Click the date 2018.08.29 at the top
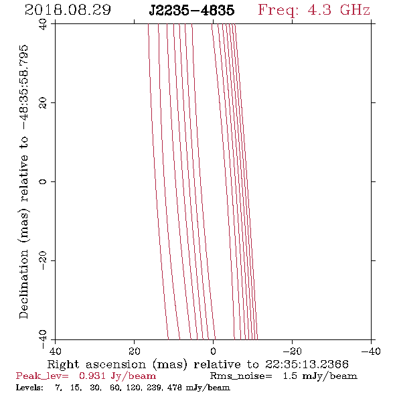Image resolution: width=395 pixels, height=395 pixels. (x=68, y=10)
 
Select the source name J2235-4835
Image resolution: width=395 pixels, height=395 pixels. (x=191, y=10)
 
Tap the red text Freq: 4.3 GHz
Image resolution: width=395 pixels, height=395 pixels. (x=314, y=10)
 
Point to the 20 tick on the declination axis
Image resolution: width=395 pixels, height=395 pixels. (x=43, y=103)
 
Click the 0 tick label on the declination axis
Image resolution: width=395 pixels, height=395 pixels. (x=43, y=181)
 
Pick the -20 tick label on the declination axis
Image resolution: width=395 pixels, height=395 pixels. (x=43, y=260)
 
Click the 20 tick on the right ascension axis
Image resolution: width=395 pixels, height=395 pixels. (x=134, y=351)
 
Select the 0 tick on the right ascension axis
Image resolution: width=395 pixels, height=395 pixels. (x=213, y=351)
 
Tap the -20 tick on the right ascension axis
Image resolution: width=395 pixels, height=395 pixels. (x=292, y=351)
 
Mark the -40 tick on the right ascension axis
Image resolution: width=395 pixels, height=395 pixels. (x=371, y=351)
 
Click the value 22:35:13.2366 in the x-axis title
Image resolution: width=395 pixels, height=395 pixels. (x=307, y=364)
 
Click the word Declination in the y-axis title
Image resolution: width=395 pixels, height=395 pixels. (x=24, y=285)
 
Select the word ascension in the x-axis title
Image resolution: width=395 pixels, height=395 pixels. (x=116, y=364)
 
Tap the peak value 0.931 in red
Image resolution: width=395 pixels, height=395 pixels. (x=92, y=376)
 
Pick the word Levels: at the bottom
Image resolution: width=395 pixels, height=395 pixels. (x=29, y=387)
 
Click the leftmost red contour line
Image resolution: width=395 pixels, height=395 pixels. (x=158, y=181)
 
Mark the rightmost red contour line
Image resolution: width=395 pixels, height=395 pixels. (x=246, y=181)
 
